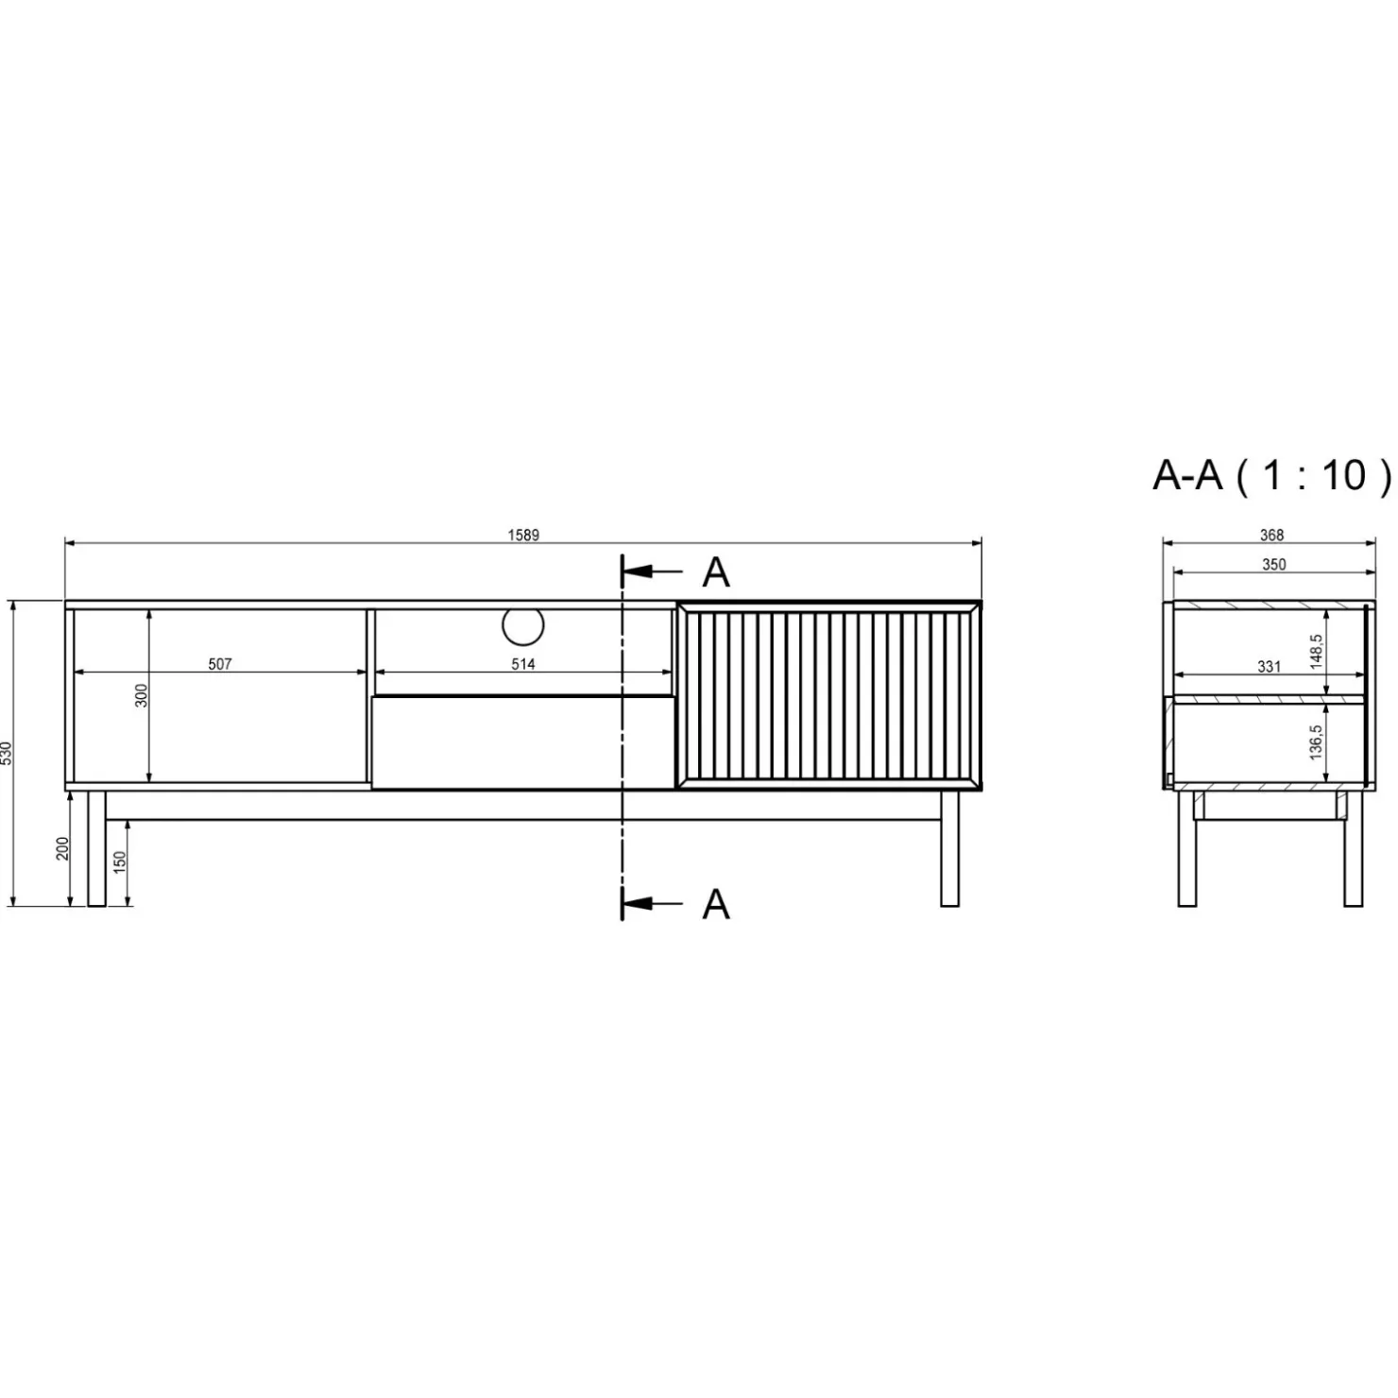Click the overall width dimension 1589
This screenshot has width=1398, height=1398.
(523, 536)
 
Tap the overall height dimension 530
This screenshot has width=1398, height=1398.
(7, 753)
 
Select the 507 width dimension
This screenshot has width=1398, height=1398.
(220, 664)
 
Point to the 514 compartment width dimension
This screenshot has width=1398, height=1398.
(523, 664)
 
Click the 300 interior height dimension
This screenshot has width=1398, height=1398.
(143, 696)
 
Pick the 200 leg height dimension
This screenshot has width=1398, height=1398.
(62, 849)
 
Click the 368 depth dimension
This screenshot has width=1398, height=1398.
(1271, 536)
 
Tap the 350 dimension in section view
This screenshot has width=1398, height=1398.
(1273, 565)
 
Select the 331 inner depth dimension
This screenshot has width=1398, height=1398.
(1269, 667)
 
